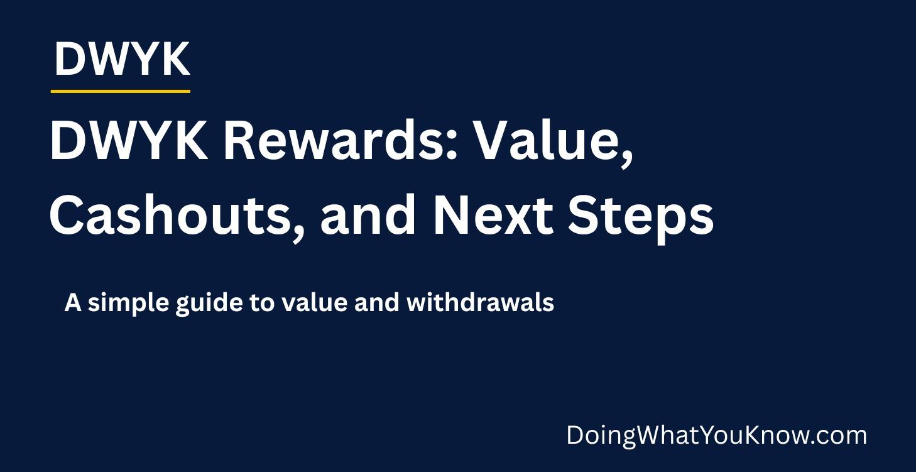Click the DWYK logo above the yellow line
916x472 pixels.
122,60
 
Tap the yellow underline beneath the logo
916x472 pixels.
120,92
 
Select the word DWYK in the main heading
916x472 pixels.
128,142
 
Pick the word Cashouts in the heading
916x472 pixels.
170,215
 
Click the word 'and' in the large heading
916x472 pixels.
367,215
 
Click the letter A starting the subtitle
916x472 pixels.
73,303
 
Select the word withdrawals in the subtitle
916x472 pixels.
481,303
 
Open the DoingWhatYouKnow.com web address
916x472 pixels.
716,436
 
